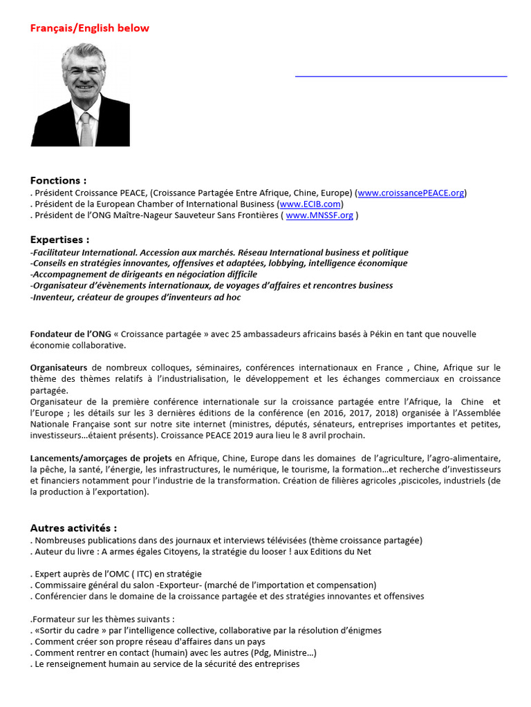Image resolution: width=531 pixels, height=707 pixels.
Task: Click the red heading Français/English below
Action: coord(89,28)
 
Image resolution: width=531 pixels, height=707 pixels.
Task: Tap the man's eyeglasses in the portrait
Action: coord(83,69)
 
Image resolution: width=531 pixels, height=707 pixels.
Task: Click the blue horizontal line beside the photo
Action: coord(401,75)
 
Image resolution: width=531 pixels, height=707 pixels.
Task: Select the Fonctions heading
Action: coord(59,180)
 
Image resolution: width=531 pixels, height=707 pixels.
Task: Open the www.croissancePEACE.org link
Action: coord(411,193)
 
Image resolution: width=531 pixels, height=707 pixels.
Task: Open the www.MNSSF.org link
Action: coord(319,215)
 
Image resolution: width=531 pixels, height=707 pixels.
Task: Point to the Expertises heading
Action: coord(59,240)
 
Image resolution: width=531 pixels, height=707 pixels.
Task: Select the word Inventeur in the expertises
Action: coord(53,297)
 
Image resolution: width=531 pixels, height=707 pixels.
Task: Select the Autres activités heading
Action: coord(73,528)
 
